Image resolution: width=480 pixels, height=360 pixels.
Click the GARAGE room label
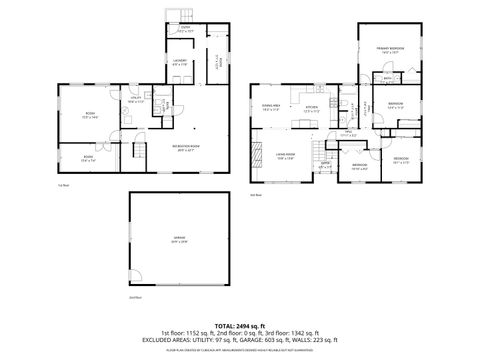(176, 238)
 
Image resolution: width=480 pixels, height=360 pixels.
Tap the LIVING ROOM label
(285, 154)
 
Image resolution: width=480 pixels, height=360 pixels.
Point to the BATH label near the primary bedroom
(387, 77)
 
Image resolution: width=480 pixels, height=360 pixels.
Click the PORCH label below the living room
(325, 166)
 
